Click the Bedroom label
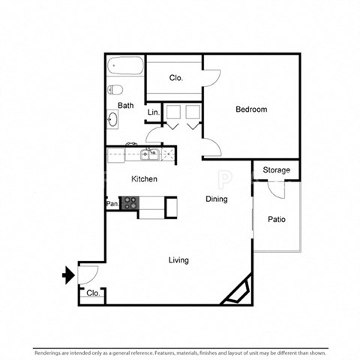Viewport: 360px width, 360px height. (x=251, y=109)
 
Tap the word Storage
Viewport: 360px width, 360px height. (x=276, y=170)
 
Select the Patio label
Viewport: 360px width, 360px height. (x=276, y=220)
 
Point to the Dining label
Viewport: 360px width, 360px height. (x=217, y=199)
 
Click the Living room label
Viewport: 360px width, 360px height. (x=178, y=260)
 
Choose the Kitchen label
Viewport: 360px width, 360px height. (x=144, y=179)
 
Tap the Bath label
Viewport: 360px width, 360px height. (x=125, y=106)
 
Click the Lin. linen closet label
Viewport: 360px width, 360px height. (x=153, y=112)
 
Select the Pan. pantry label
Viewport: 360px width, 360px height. (x=112, y=203)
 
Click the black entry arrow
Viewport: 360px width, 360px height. (x=68, y=276)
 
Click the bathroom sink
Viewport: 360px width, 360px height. (x=113, y=119)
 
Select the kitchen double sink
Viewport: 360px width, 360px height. (x=149, y=155)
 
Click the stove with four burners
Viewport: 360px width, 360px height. (x=130, y=202)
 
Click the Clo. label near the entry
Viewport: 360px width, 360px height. (x=92, y=294)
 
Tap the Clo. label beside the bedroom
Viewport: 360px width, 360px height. (x=176, y=77)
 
